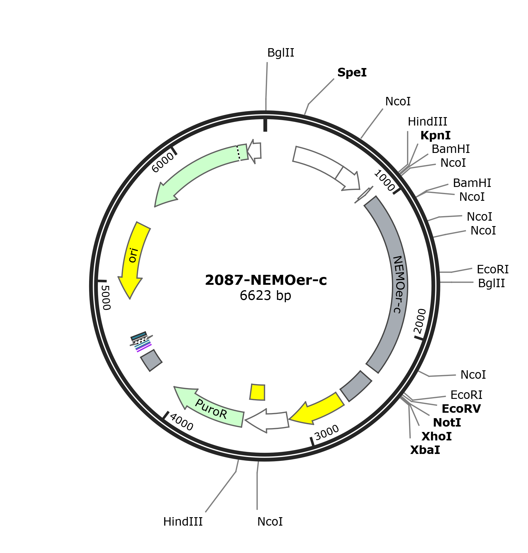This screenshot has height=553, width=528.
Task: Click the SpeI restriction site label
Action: tap(352, 73)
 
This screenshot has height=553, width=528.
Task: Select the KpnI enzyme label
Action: tap(435, 135)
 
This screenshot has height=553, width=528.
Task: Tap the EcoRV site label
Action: tap(461, 409)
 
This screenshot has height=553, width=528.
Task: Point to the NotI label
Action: tap(447, 423)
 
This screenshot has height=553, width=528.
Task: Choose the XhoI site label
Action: tap(436, 436)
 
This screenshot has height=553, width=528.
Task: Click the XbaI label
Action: tap(425, 450)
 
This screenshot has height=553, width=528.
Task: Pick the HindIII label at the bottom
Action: tap(183, 522)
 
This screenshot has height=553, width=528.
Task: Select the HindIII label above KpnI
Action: tap(427, 122)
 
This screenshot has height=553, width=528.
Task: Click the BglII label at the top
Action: tap(281, 53)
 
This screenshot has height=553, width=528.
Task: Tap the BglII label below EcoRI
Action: tap(491, 283)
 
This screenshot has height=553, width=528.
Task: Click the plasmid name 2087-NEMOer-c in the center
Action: tap(266, 280)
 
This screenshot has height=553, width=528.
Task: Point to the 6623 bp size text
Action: tap(266, 296)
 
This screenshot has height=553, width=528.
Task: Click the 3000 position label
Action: tap(327, 433)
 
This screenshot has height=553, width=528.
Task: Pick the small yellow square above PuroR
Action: tap(257, 392)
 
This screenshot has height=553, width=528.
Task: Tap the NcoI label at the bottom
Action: tap(270, 522)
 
